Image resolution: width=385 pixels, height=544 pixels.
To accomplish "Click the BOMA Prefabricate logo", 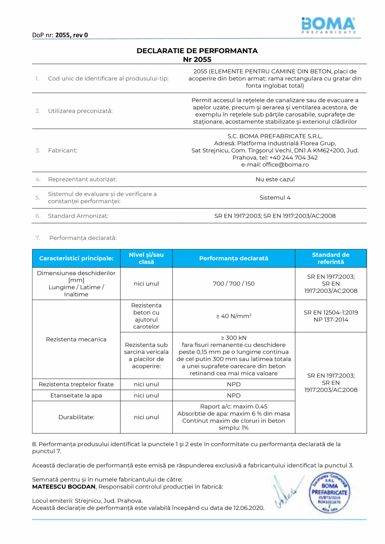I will click(328, 26).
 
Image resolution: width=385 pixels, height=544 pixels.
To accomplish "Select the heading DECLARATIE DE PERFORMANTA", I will click(197, 51).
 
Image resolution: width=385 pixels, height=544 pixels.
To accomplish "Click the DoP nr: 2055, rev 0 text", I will click(60, 35).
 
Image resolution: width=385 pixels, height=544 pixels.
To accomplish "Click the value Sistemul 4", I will click(275, 198).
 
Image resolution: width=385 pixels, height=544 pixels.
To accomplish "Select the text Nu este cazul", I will click(275, 179).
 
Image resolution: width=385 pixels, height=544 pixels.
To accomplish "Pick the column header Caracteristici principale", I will click(76, 259).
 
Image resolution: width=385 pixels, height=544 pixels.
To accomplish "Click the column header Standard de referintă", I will click(331, 258).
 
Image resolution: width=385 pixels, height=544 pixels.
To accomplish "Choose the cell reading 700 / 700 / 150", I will click(234, 284).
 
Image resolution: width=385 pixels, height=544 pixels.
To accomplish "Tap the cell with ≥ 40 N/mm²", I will click(234, 316).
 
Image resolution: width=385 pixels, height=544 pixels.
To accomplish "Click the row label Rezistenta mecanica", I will click(76, 339).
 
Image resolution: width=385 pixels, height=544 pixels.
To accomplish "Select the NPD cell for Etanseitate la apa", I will click(234, 395).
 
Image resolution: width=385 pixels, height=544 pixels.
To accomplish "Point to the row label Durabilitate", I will click(76, 417).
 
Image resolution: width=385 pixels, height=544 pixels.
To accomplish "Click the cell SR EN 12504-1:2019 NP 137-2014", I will click(331, 316).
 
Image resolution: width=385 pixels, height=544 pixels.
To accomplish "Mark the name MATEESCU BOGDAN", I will click(64, 487).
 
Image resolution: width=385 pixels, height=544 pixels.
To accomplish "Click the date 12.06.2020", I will click(249, 508).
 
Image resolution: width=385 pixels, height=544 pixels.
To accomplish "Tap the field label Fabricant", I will click(62, 151).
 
